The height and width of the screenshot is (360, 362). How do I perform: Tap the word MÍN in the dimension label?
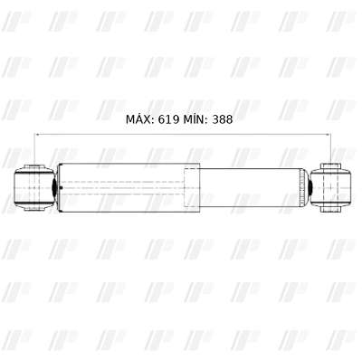[195, 118]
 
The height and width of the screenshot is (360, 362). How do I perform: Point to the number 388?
[223, 119]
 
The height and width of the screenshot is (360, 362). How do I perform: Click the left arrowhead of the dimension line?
[37, 134]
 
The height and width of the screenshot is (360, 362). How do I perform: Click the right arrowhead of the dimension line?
[329, 134]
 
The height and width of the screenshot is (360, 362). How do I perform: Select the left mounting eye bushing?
[34, 187]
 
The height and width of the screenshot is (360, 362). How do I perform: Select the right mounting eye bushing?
[331, 187]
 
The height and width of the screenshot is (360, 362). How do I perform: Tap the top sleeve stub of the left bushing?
[34, 167]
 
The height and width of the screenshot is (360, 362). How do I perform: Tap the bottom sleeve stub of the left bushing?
[34, 208]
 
